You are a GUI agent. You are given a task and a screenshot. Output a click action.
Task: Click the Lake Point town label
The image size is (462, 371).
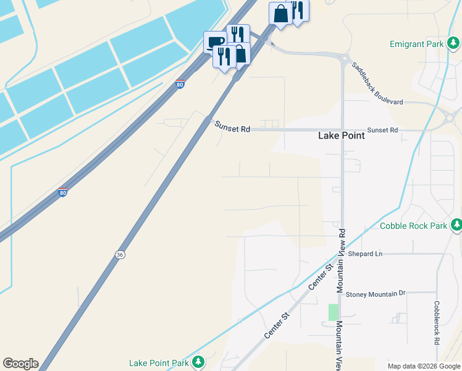pyautogui.click(x=340, y=136)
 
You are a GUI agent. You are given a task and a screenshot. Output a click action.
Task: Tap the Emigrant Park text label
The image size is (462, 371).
pyautogui.click(x=417, y=44)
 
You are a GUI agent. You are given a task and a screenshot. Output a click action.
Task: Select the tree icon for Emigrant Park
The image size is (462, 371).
pyautogui.click(x=453, y=43)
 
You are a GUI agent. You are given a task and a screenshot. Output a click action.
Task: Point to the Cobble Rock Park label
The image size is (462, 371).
pyautogui.click(x=413, y=226)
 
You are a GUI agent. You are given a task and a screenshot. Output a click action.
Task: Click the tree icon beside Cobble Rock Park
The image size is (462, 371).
pyautogui.click(x=456, y=225)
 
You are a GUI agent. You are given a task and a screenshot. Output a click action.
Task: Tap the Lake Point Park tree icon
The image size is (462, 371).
pyautogui.click(x=198, y=362)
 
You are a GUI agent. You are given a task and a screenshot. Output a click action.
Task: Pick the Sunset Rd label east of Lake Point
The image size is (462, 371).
pyautogui.click(x=382, y=130)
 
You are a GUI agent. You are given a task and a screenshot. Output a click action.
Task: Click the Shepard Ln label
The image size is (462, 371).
pyautogui.click(x=366, y=254)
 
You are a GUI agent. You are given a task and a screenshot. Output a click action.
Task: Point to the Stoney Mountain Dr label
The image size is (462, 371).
pyautogui.click(x=376, y=294)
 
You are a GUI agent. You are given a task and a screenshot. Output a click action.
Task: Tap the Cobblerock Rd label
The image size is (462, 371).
pyautogui.click(x=436, y=323)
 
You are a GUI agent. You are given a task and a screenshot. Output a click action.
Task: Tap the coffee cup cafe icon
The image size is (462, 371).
pyautogui.click(x=215, y=42)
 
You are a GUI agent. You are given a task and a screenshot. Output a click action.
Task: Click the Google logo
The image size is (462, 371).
pyautogui.click(x=20, y=364)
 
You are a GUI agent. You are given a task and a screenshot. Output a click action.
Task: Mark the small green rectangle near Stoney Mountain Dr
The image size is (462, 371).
pyautogui.click(x=334, y=312)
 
